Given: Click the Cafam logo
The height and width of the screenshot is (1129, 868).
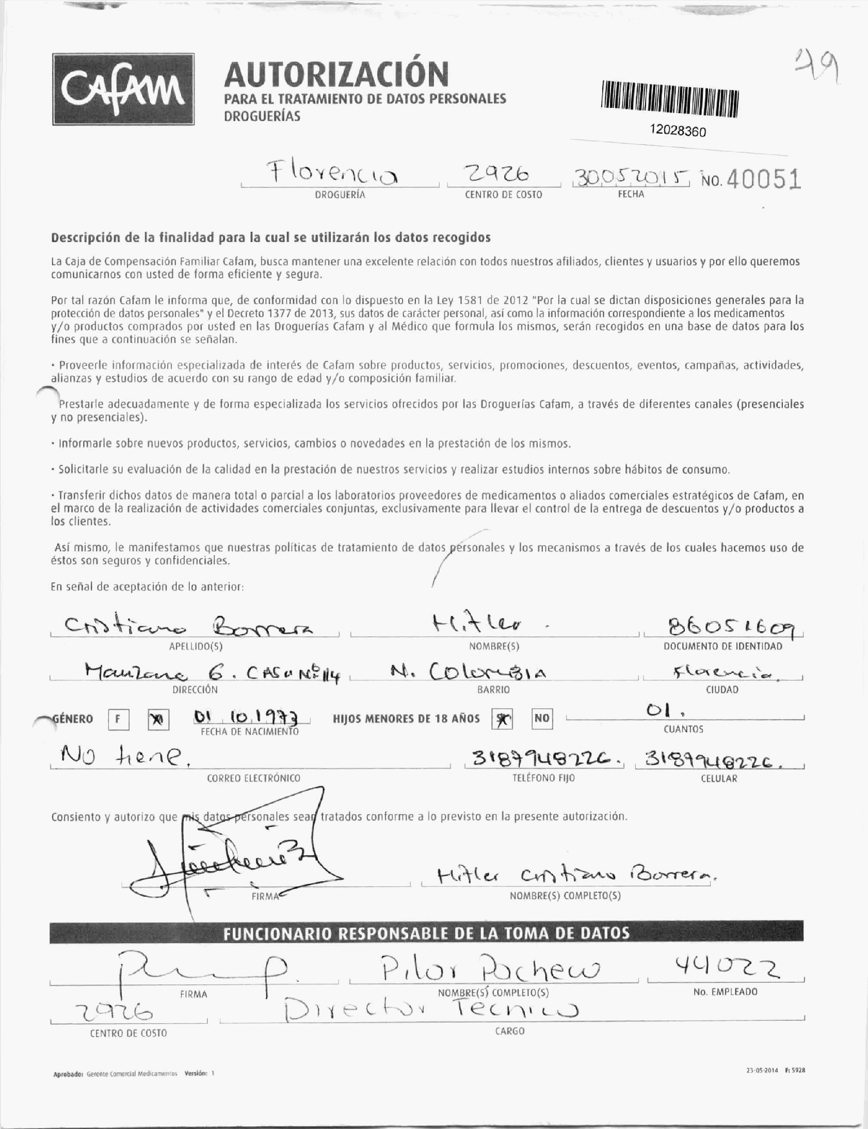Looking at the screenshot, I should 123,89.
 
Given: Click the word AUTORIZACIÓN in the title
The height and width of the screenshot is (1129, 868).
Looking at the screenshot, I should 336,74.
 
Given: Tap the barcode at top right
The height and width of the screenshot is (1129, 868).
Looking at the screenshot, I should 670,102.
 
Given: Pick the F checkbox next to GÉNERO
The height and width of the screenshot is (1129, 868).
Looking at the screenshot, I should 118,719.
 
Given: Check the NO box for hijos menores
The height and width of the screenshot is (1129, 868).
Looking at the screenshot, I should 541,719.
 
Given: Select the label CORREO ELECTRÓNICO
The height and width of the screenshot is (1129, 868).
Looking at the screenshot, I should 253,778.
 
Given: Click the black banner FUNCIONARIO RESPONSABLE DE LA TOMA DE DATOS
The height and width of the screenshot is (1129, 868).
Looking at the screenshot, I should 426,933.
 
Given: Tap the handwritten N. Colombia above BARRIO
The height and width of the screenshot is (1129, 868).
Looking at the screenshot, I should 467,672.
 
